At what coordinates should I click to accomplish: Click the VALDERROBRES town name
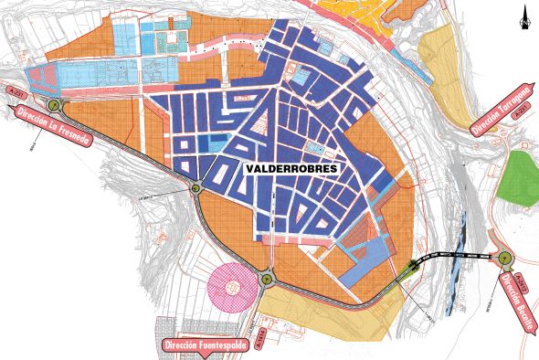[x=291, y=170]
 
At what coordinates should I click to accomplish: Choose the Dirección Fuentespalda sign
[x=204, y=346]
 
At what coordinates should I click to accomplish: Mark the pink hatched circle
[x=233, y=286]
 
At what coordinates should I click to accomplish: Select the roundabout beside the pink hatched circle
[x=267, y=278]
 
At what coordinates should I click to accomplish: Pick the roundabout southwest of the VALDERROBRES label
[x=196, y=188]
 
